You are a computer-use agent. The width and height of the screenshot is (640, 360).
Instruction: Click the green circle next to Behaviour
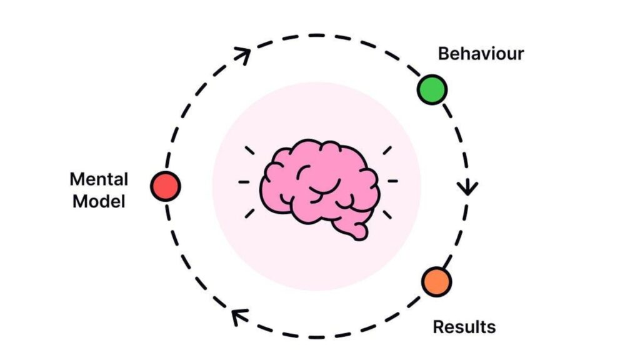click(432, 89)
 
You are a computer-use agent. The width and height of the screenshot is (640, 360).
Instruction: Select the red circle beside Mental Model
click(166, 186)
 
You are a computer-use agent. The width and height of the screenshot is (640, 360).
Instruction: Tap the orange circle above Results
click(436, 282)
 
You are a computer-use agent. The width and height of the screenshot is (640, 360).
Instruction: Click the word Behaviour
click(481, 54)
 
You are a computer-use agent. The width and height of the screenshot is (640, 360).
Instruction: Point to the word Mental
click(99, 179)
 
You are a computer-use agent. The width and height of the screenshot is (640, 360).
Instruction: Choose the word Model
click(99, 202)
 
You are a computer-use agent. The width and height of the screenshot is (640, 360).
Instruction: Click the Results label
click(464, 326)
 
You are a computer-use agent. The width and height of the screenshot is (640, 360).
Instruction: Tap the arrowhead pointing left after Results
click(237, 317)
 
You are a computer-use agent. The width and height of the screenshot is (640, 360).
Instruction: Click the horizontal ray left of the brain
click(244, 182)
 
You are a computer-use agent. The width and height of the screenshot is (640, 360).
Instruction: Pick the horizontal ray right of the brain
click(392, 182)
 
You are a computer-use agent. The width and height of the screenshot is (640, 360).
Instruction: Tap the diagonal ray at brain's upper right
click(387, 151)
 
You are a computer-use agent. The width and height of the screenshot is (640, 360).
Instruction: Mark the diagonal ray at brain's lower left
click(250, 214)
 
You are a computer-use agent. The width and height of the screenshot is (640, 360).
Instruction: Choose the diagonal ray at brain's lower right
click(387, 214)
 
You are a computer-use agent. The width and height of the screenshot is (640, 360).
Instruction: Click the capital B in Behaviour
click(443, 54)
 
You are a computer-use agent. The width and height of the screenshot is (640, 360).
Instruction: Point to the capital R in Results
click(438, 326)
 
